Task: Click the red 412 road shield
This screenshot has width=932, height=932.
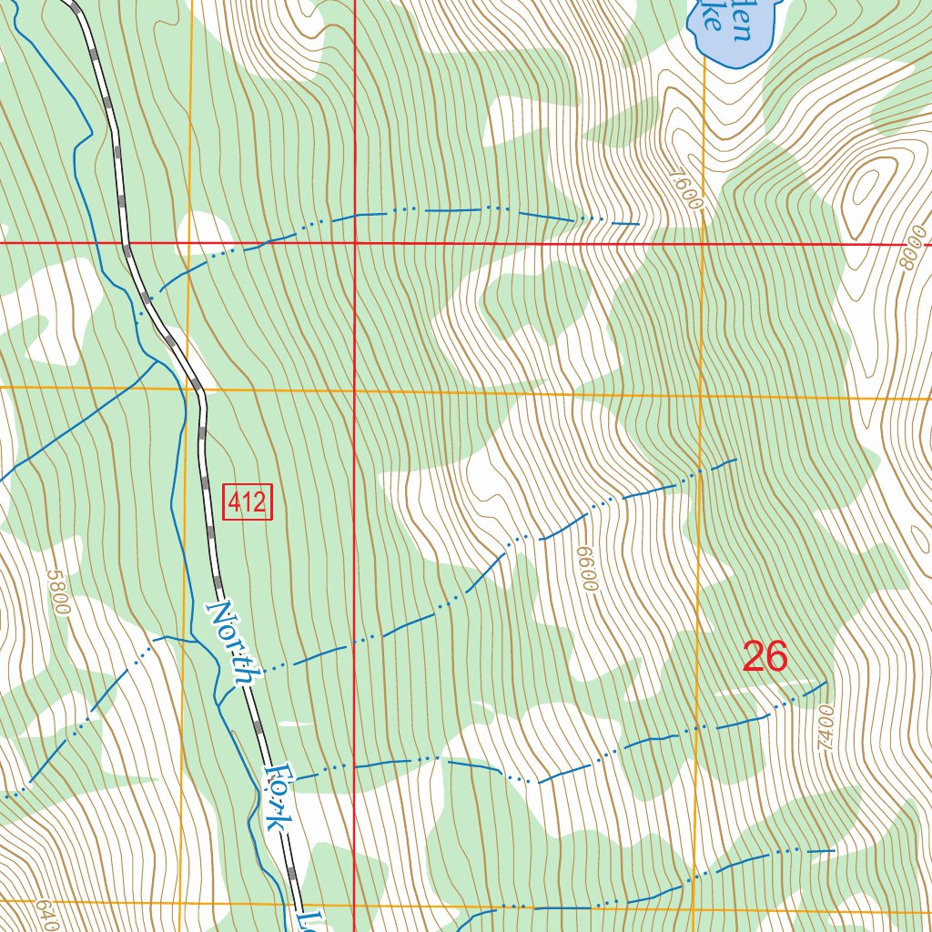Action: [248, 502]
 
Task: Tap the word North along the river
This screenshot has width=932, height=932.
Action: [233, 643]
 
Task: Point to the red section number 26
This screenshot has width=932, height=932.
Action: [765, 656]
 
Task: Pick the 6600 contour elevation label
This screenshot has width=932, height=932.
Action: [586, 569]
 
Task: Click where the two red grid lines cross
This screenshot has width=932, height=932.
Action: [354, 244]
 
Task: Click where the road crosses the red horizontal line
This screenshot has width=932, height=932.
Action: [127, 244]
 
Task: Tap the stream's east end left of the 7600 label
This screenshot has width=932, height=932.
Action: [637, 222]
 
